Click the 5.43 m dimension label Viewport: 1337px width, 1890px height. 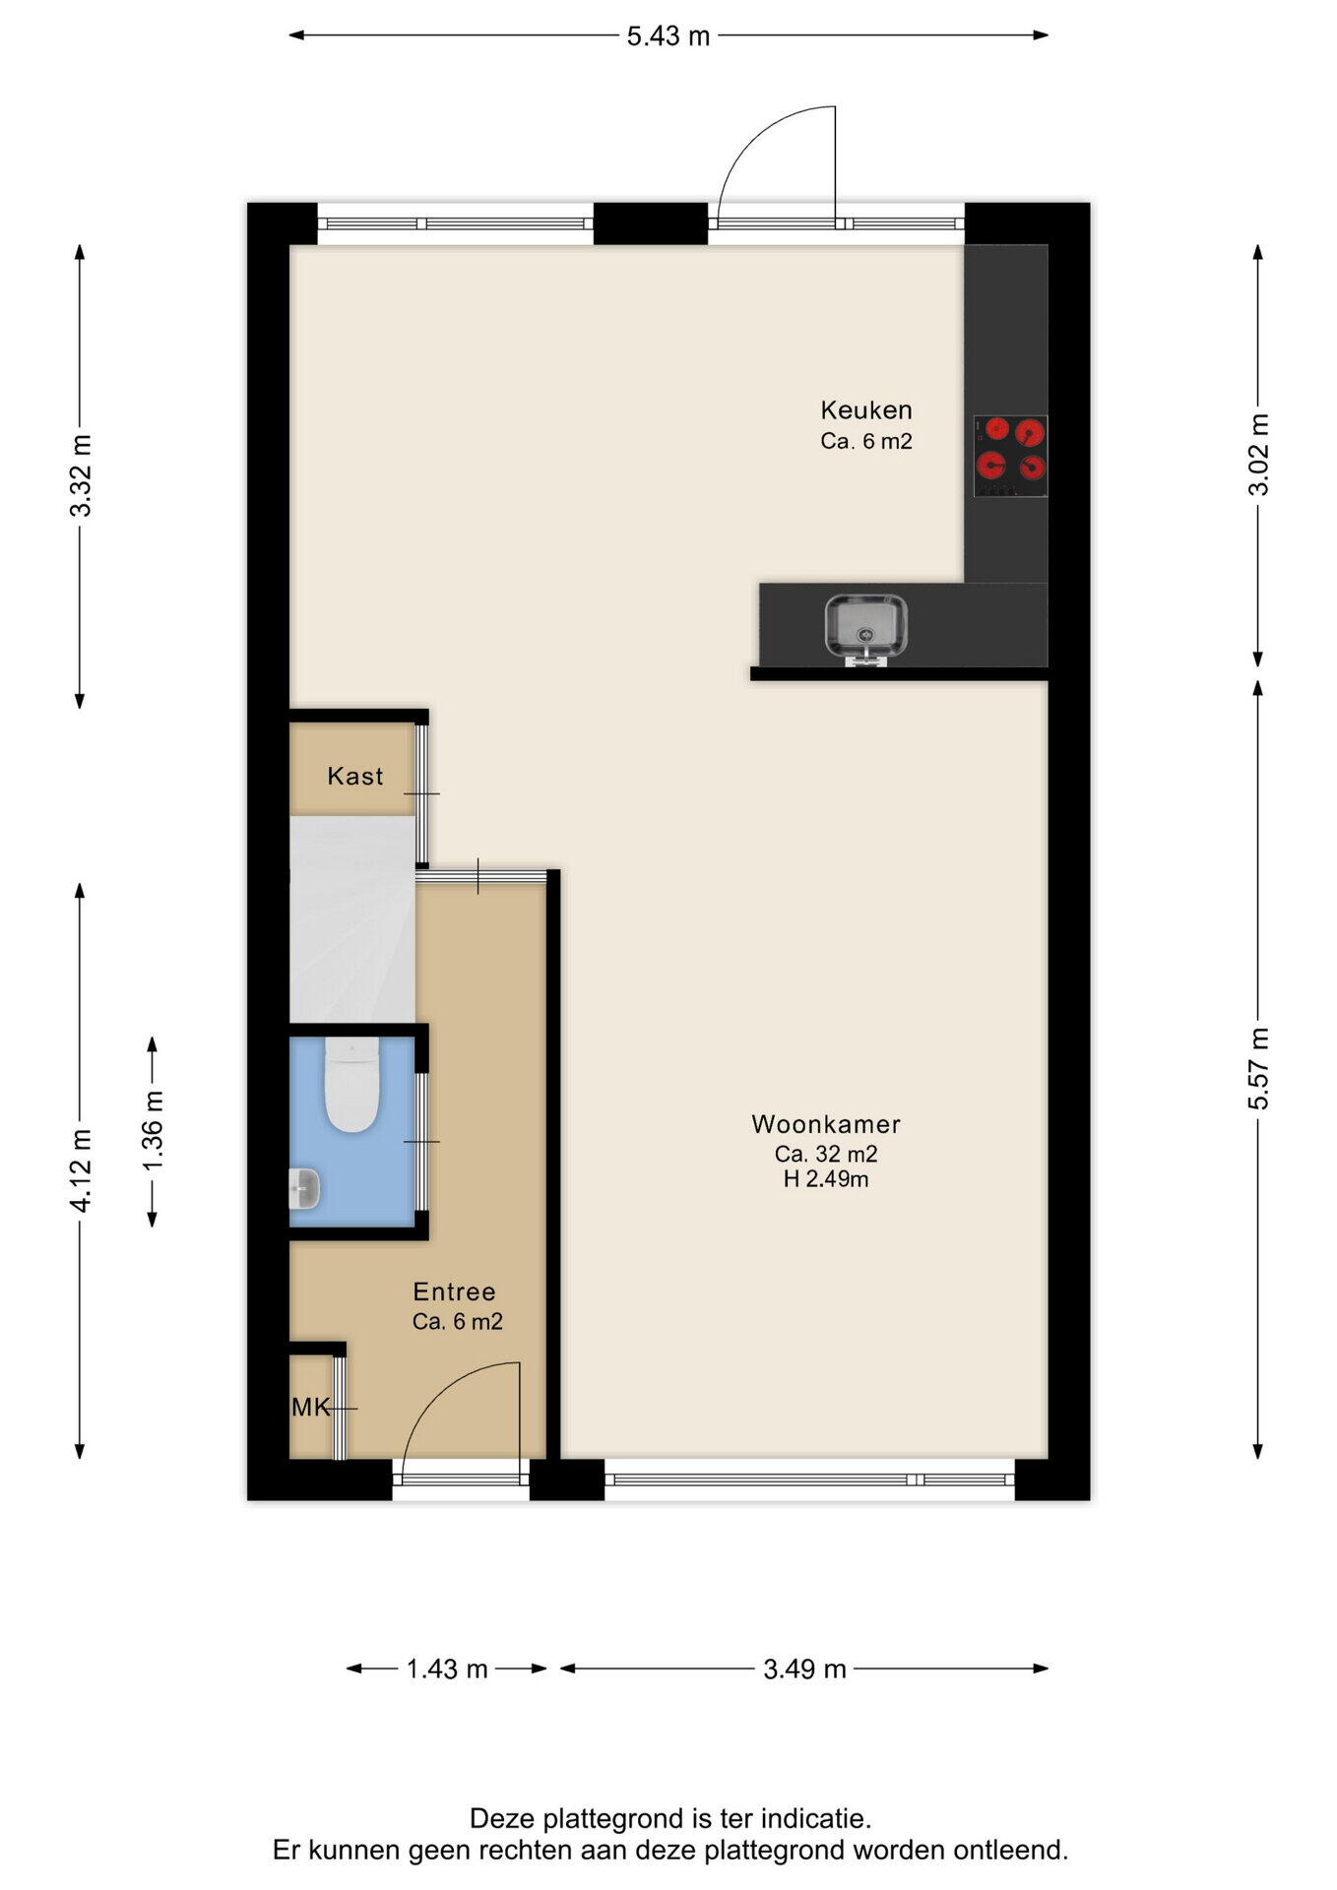(668, 36)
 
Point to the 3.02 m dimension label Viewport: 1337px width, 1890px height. (1258, 455)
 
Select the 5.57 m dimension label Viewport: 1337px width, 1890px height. (1258, 1068)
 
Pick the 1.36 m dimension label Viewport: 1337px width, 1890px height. (153, 1133)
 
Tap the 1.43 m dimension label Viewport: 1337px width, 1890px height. (447, 1669)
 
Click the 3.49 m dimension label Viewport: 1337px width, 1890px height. (804, 1669)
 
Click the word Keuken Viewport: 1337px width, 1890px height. (866, 409)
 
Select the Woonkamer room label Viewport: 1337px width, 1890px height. (826, 1124)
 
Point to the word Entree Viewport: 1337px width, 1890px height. (454, 1291)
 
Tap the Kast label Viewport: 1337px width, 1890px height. (355, 777)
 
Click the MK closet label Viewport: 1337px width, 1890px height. (311, 1408)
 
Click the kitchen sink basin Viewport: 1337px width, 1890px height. (866, 626)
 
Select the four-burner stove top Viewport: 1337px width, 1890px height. (1010, 456)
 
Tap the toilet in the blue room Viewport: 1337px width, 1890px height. (351, 1087)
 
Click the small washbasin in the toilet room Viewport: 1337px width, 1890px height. (304, 1188)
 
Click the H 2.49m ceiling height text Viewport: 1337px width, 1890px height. (826, 1179)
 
